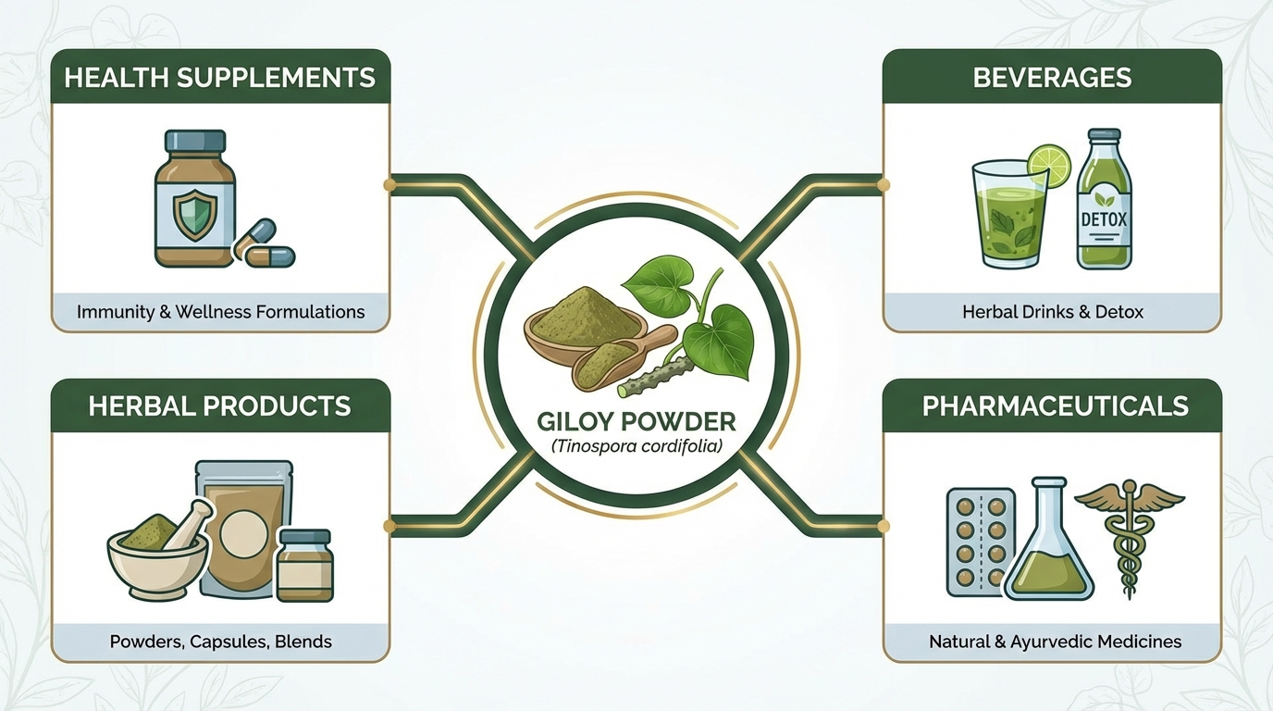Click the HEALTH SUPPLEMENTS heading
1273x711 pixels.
click(220, 77)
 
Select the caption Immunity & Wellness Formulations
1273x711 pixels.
click(220, 312)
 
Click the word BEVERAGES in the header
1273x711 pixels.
click(1052, 77)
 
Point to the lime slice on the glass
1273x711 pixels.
click(1048, 166)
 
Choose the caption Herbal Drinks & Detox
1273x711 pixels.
click(1052, 312)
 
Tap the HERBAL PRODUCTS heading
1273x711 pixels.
click(220, 405)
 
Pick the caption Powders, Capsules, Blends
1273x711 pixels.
click(220, 641)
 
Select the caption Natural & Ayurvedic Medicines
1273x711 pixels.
click(1055, 641)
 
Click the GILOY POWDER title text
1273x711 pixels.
click(636, 422)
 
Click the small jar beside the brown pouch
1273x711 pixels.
click(304, 566)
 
